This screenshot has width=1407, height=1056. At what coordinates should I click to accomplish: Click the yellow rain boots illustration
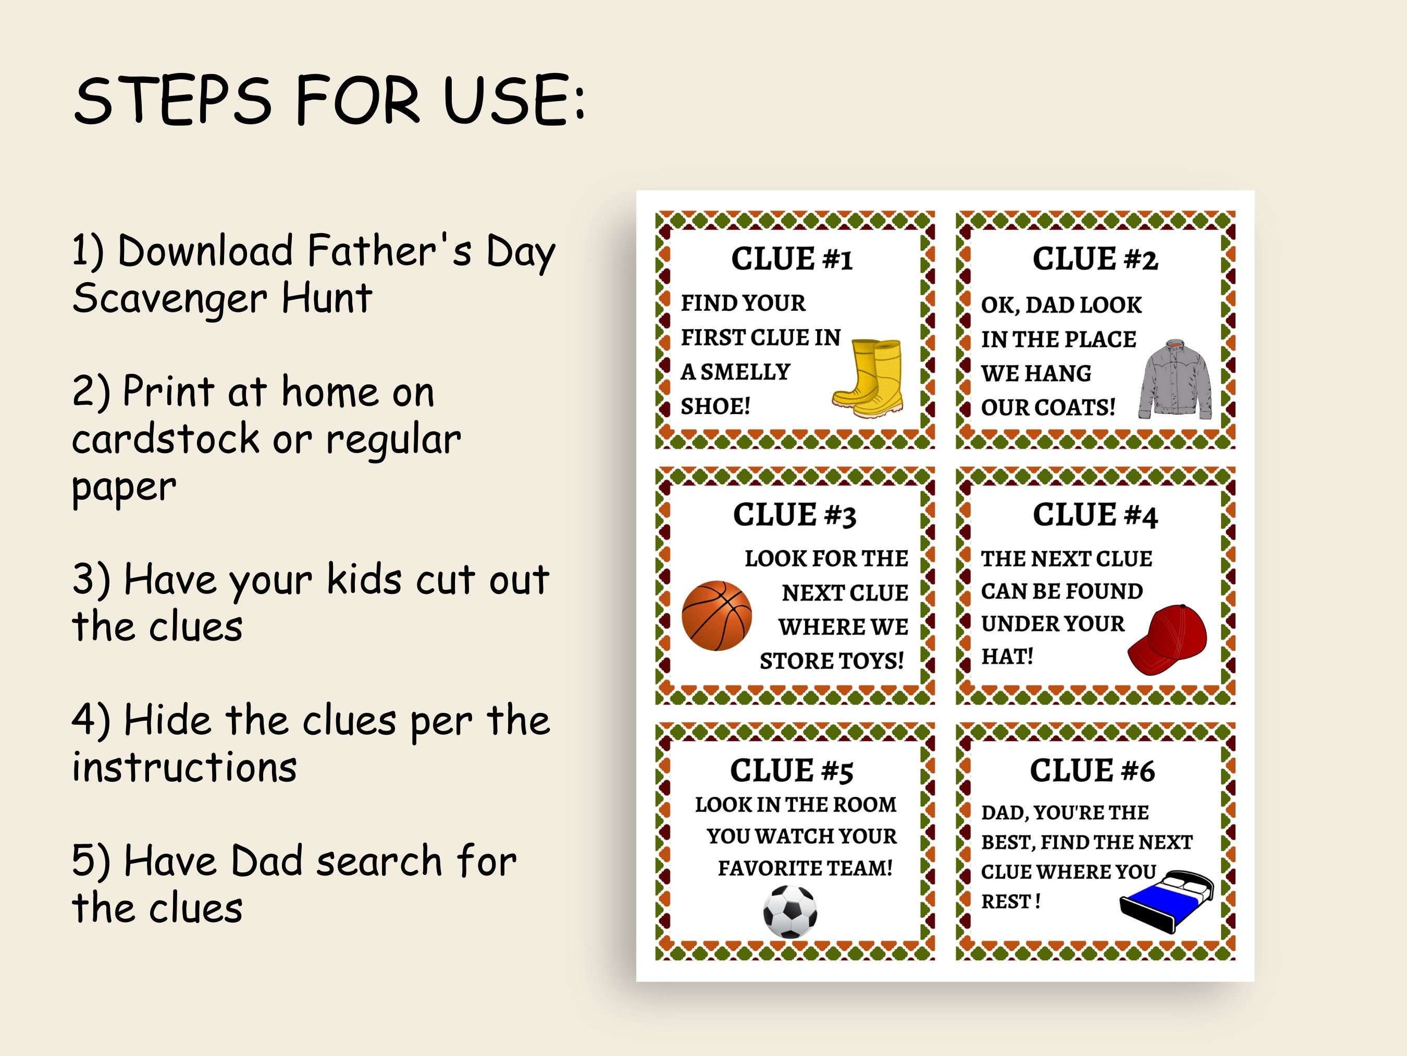click(868, 379)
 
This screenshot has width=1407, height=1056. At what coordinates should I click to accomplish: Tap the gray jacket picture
click(1175, 380)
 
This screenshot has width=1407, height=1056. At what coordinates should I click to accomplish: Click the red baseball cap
click(1167, 640)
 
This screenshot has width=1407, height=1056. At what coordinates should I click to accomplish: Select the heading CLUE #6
click(1092, 771)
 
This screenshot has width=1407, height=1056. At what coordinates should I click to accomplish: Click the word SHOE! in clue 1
click(715, 406)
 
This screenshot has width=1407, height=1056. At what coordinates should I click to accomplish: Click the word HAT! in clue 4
click(1007, 656)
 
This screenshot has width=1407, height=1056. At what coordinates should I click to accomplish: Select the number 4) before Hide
click(92, 721)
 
